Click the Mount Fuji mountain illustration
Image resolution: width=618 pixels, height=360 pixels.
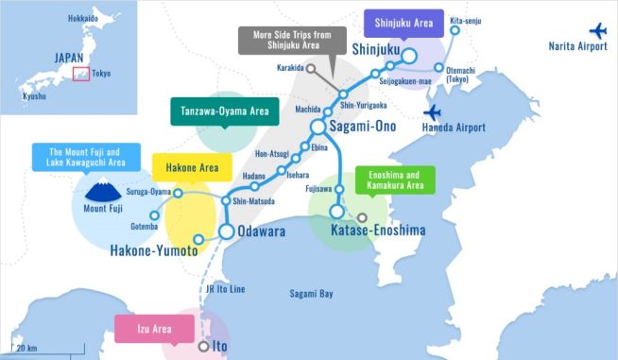pyautogui.click(x=101, y=188)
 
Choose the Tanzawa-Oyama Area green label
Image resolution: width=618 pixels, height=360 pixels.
pyautogui.click(x=220, y=111)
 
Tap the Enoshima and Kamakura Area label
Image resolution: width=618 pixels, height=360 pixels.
pyautogui.click(x=394, y=180)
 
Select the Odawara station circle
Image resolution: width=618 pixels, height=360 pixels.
pyautogui.click(x=227, y=231)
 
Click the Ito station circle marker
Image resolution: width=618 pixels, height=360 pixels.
pyautogui.click(x=203, y=347)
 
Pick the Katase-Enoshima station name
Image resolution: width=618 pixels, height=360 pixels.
pyautogui.click(x=378, y=230)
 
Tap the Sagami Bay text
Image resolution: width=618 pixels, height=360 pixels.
pyautogui.click(x=312, y=294)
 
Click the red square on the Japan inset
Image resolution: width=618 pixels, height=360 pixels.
pyautogui.click(x=80, y=74)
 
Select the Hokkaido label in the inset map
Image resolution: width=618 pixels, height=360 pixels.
pyautogui.click(x=83, y=18)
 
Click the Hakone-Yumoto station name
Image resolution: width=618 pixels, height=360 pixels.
pyautogui.click(x=153, y=250)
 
